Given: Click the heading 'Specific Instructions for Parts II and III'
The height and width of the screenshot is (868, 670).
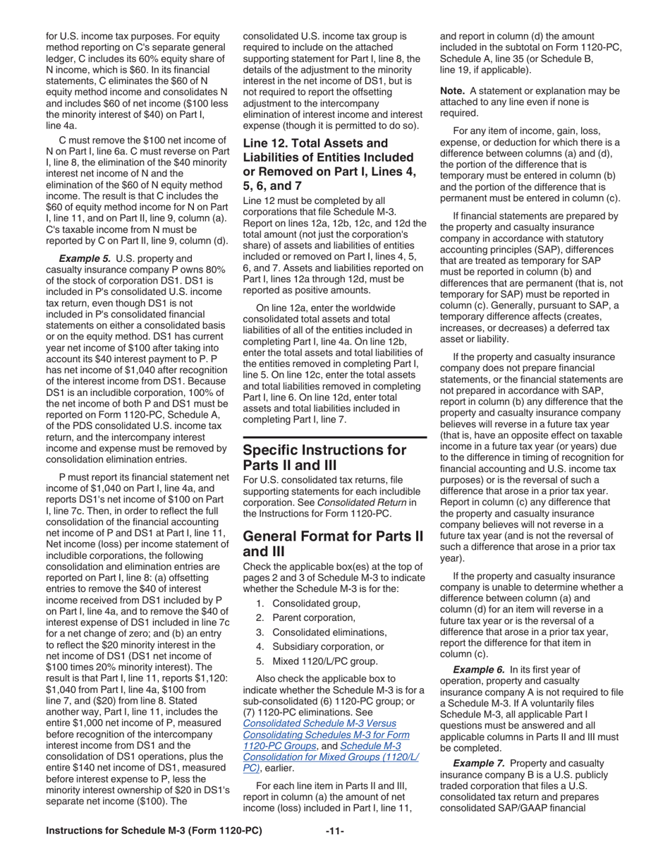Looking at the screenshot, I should (324, 458).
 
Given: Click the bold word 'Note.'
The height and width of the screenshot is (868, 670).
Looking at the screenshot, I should (453, 92).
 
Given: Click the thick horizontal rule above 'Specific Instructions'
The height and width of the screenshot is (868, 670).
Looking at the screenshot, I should (334, 439).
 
